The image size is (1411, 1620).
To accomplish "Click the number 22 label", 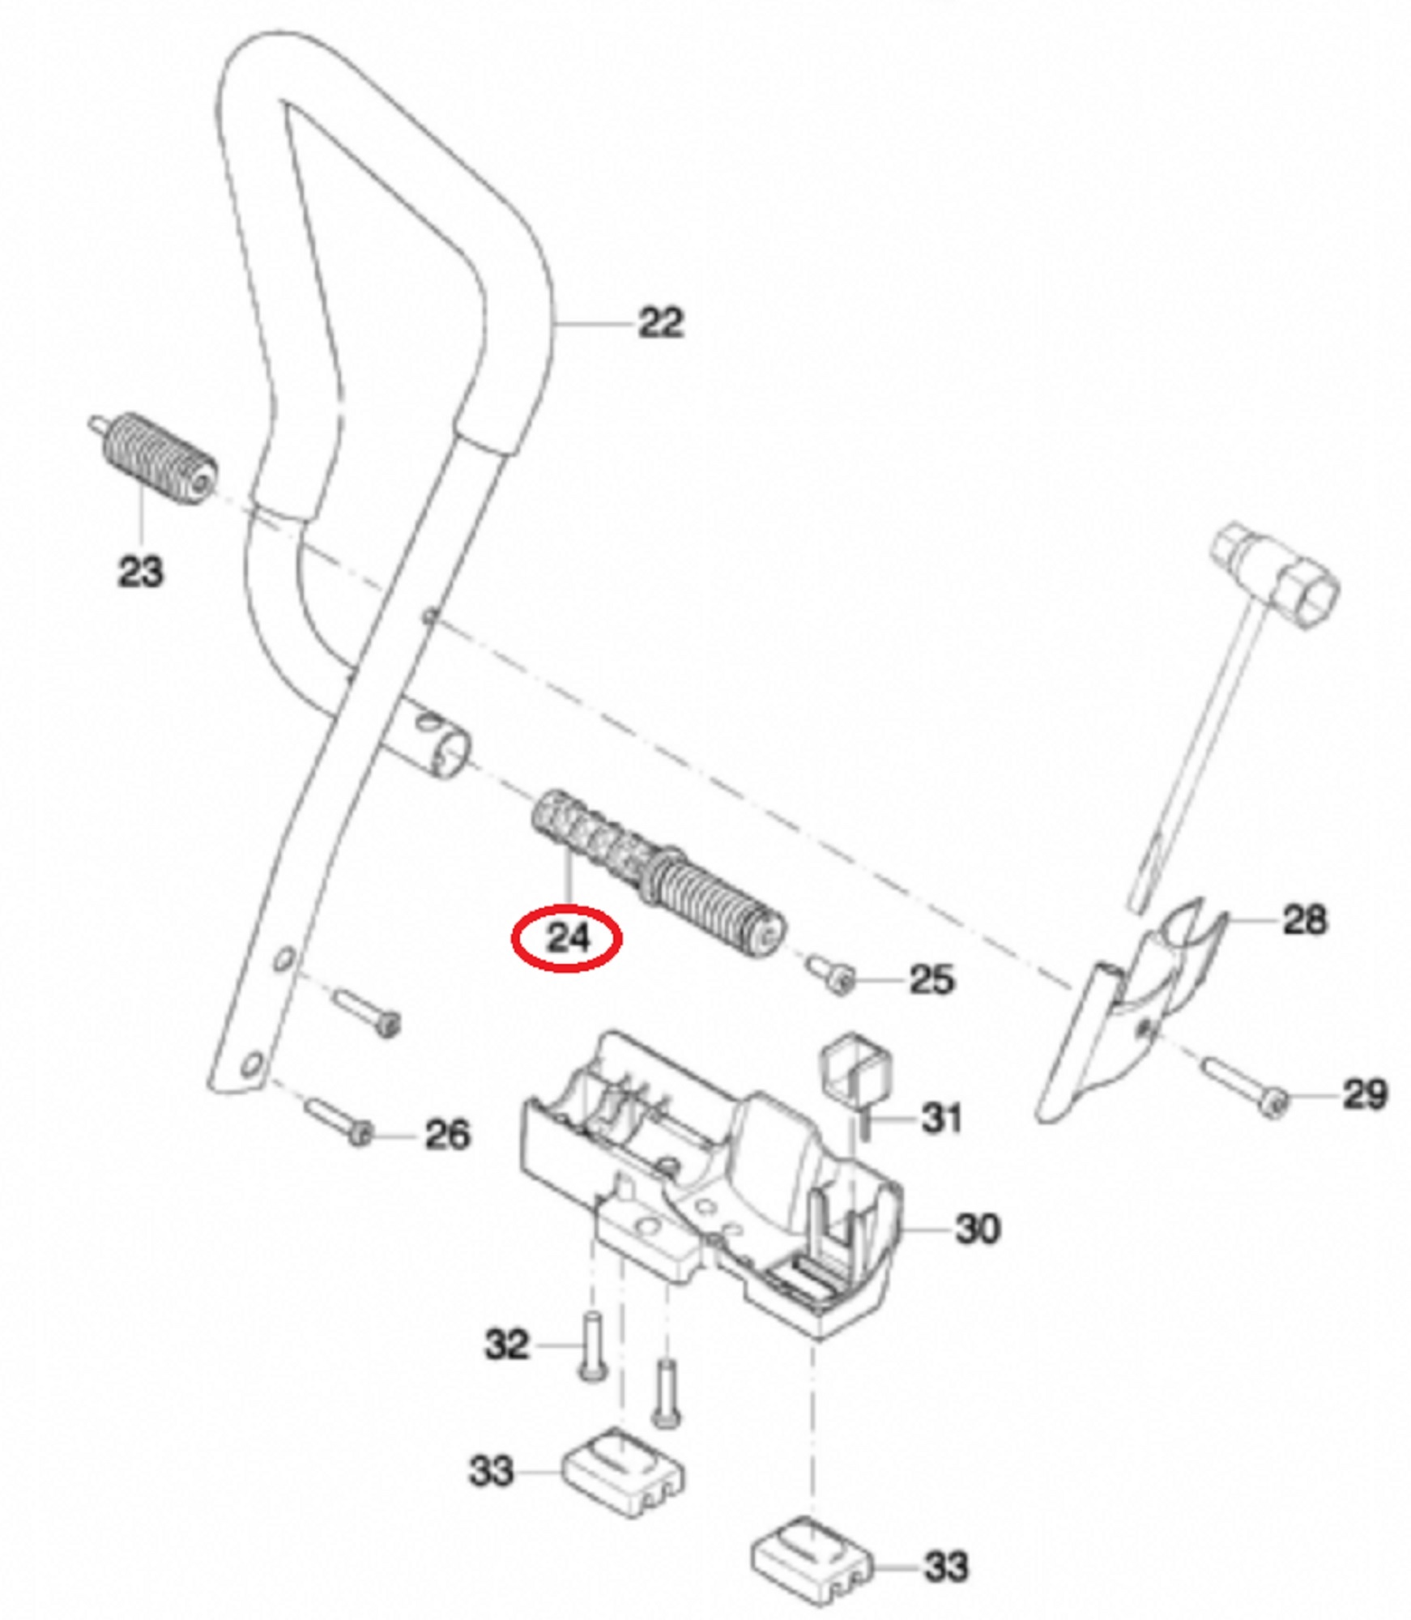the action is coord(661,322).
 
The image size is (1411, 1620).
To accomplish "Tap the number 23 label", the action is coord(141,571).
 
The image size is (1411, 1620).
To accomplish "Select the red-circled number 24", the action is coord(566,939).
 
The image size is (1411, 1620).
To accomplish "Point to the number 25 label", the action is coord(932,979).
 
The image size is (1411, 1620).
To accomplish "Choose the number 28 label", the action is coord(1305,919).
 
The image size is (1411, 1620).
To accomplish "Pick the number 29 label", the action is coord(1366,1094).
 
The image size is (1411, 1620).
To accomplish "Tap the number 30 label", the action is coord(978,1229).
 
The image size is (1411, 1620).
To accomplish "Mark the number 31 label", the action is coord(941,1119).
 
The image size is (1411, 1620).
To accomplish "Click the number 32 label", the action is coord(507,1345).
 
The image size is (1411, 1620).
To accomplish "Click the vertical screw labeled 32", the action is coord(591,1345).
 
